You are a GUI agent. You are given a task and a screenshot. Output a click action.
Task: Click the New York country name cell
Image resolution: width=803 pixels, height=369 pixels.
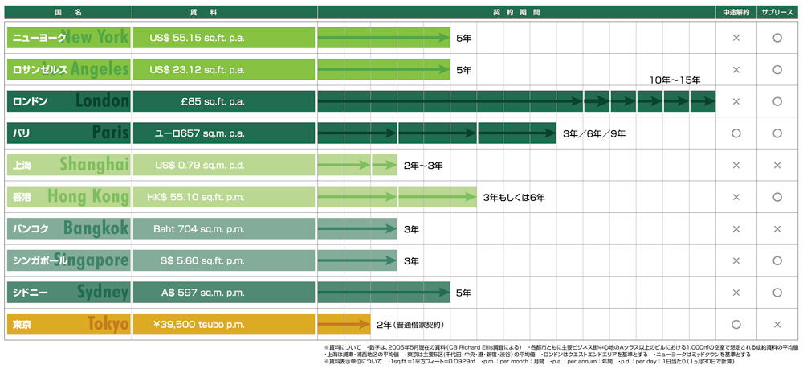click(x=67, y=38)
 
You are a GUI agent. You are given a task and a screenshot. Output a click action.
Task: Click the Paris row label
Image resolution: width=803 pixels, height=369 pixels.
click(x=67, y=133)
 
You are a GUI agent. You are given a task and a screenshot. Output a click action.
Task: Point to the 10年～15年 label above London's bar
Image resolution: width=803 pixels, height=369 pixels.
click(x=675, y=80)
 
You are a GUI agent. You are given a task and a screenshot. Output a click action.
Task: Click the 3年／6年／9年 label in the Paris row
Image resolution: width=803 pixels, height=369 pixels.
click(x=594, y=133)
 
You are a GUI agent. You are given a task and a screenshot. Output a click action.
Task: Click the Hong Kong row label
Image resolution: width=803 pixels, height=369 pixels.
click(x=67, y=197)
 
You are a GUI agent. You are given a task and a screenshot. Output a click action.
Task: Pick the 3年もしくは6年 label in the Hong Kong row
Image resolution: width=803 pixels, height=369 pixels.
click(x=514, y=197)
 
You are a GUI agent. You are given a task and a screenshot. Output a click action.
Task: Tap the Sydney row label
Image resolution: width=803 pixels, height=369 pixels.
click(x=67, y=293)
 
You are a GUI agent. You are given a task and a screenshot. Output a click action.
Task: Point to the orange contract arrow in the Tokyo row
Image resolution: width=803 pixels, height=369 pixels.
click(x=344, y=324)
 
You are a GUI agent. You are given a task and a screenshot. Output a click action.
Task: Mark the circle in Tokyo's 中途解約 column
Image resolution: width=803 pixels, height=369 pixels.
click(x=736, y=324)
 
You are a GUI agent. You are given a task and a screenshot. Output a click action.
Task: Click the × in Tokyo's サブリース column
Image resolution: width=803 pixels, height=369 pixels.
click(x=777, y=324)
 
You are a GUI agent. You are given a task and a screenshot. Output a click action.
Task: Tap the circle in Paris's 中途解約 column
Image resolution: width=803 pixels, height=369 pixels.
click(x=736, y=133)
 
